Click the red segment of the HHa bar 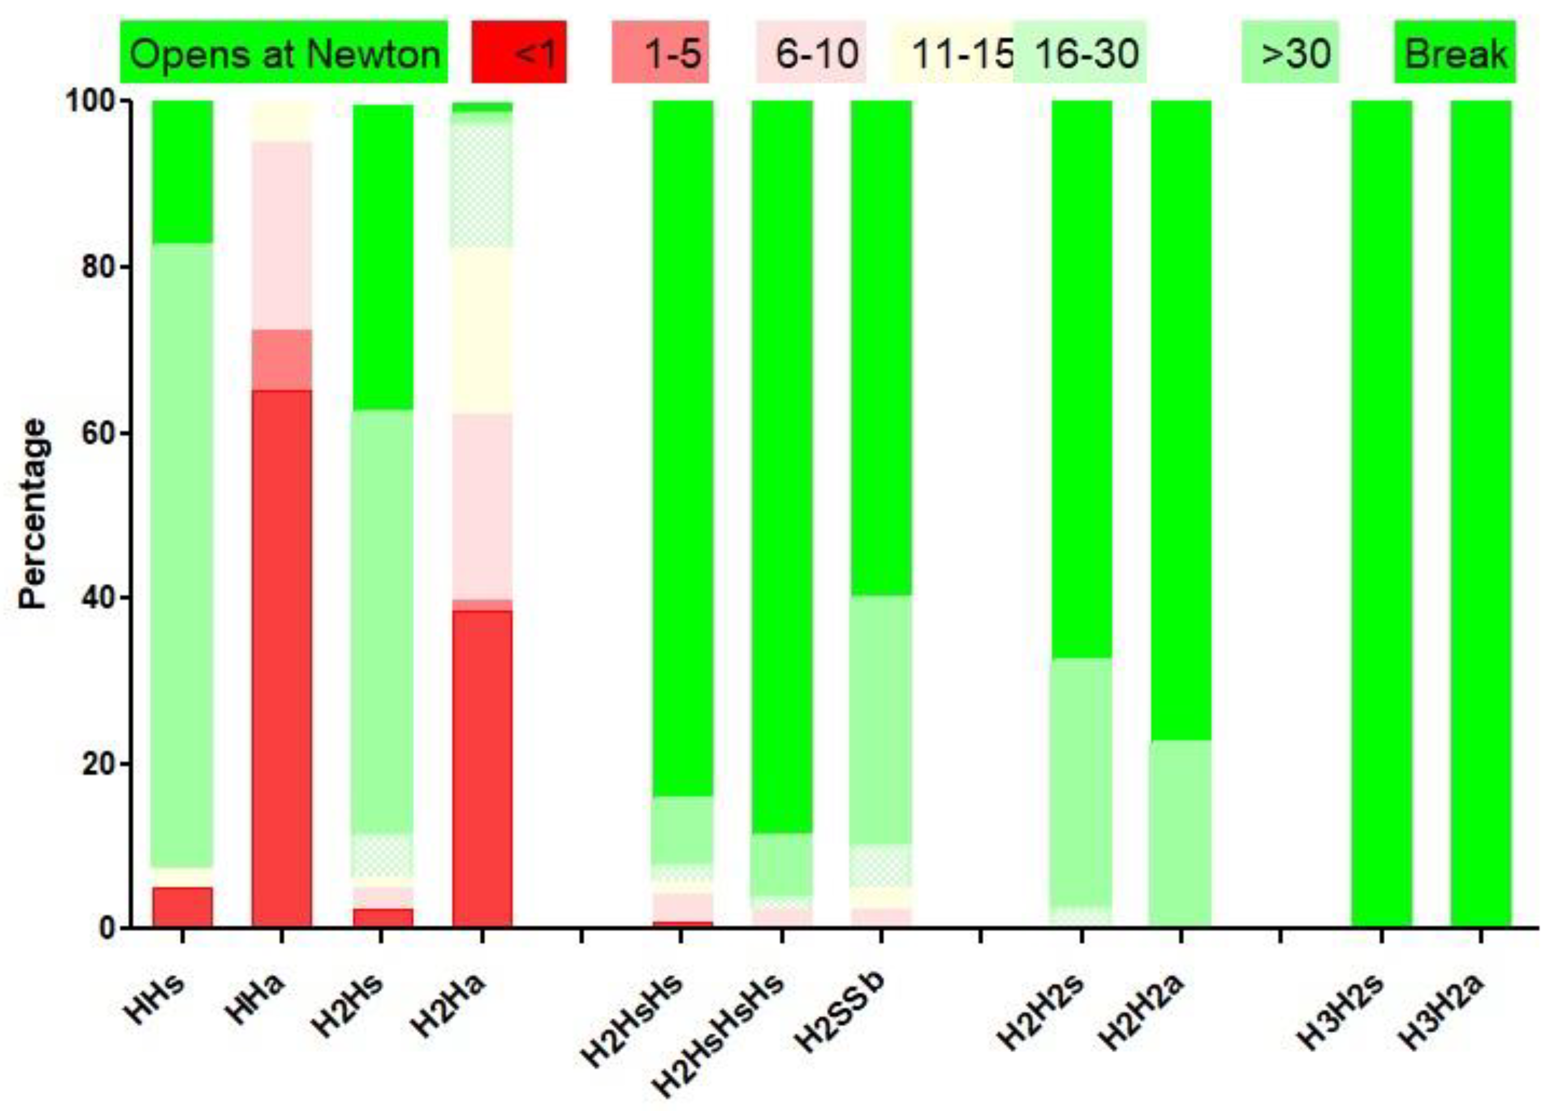pyautogui.click(x=282, y=657)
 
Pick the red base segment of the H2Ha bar pyautogui.click(x=482, y=766)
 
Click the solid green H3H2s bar pyautogui.click(x=1381, y=513)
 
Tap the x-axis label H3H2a pyautogui.click(x=1443, y=1011)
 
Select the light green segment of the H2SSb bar pyautogui.click(x=880, y=718)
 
